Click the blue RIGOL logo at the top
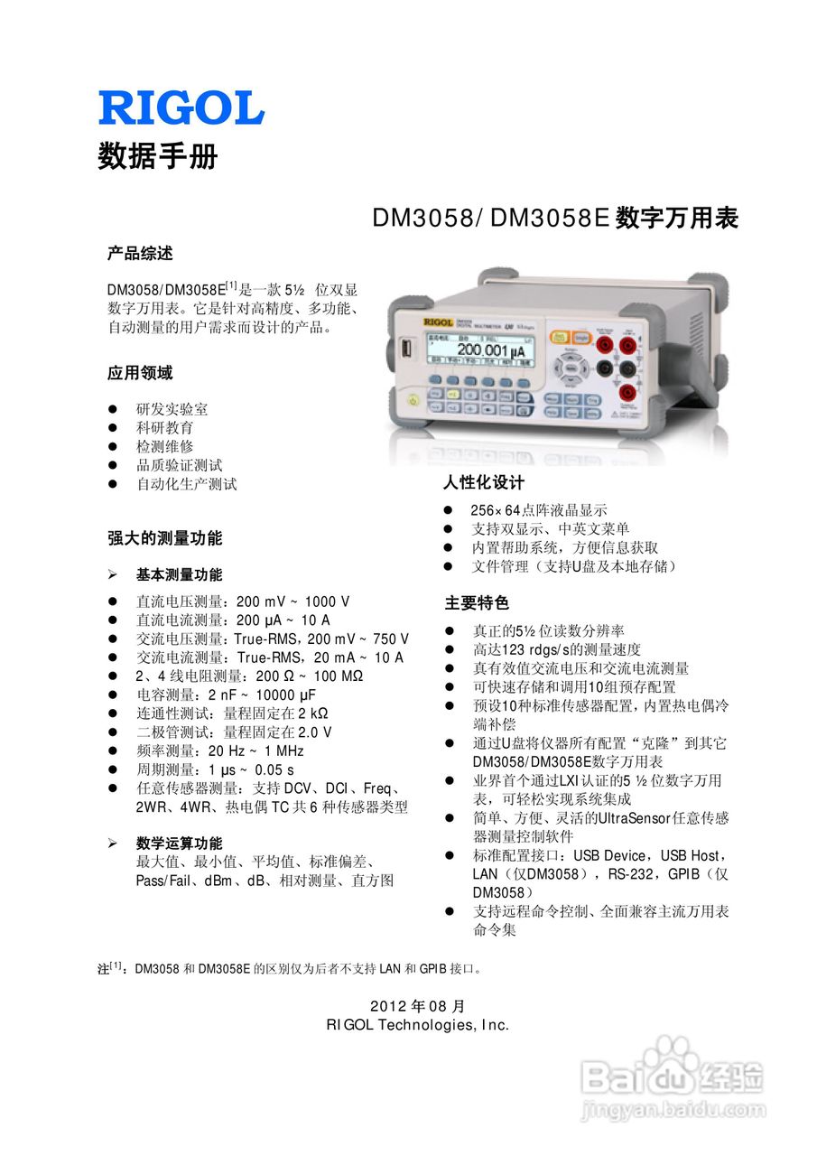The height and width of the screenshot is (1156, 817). click(x=181, y=107)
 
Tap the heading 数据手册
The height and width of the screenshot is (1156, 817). click(x=158, y=156)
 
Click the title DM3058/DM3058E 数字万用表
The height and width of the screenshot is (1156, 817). click(x=555, y=219)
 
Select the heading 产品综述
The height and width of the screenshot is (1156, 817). click(x=140, y=254)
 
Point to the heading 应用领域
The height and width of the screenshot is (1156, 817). click(x=140, y=373)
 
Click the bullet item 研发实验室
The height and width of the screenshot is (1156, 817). click(x=172, y=409)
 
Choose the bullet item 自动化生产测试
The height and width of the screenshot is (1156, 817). click(x=186, y=484)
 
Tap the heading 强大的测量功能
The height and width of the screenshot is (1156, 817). click(x=164, y=539)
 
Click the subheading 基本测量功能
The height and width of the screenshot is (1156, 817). click(x=179, y=574)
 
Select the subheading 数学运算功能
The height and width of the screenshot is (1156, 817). click(x=179, y=843)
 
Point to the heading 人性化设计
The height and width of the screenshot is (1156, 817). click(x=483, y=483)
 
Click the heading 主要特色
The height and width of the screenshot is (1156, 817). click(x=476, y=602)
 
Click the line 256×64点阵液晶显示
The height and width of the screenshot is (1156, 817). click(x=539, y=510)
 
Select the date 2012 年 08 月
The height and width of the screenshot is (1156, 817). click(x=417, y=1006)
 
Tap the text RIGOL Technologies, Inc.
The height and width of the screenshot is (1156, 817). click(x=417, y=1025)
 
